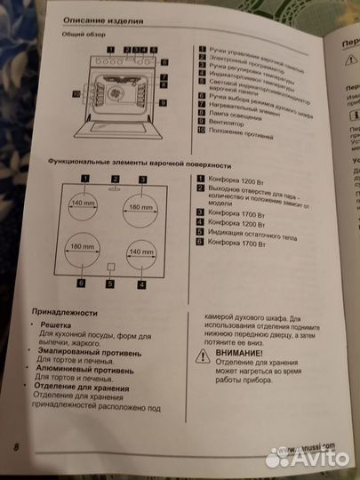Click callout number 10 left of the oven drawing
(76, 93)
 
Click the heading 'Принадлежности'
(63, 315)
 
